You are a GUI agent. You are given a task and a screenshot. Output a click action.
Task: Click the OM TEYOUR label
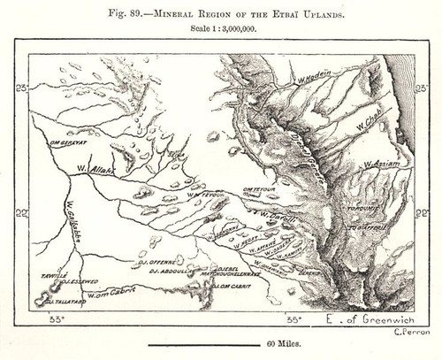256,189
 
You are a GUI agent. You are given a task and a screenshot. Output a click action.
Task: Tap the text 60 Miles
220,350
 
